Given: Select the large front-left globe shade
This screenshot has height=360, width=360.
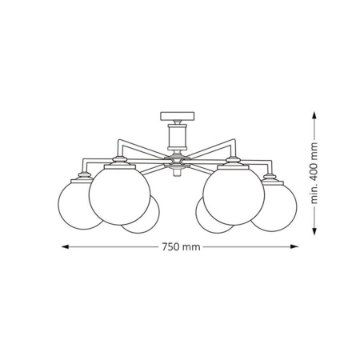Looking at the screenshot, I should pos(119,195).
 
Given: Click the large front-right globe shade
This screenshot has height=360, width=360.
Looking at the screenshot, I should pos(234,195).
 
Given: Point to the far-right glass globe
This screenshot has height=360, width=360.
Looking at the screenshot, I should pos(275,204).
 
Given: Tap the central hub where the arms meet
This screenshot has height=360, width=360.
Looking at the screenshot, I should pos(177,163).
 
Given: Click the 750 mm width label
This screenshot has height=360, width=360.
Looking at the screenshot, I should pos(180,246).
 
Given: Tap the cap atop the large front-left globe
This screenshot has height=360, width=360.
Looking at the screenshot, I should pos(120,162).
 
